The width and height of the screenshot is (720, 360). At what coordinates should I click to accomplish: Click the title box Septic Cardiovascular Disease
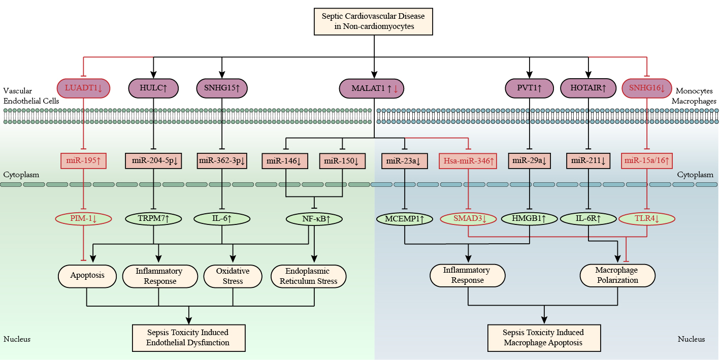[x=374, y=21]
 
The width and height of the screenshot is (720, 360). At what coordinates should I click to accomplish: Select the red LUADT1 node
[x=83, y=88]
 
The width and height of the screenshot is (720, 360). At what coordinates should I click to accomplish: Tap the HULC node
[x=154, y=88]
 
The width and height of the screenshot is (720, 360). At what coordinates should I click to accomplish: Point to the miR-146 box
[x=285, y=161]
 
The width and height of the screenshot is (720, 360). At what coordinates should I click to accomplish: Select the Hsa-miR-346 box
[x=467, y=161]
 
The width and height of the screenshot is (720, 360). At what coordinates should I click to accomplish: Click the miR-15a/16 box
[x=646, y=161]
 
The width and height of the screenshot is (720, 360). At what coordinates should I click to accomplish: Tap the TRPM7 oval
[x=153, y=219]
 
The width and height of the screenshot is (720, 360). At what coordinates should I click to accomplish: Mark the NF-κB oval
[x=314, y=219]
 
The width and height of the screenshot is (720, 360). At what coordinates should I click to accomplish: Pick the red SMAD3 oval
[x=467, y=219]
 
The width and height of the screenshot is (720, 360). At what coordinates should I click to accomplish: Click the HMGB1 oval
[x=530, y=219]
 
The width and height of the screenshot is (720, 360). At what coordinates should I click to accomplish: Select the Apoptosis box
[x=87, y=276]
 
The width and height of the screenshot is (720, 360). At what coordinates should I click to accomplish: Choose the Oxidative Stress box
[x=233, y=276]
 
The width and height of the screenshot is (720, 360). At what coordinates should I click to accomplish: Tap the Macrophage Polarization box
[x=617, y=275]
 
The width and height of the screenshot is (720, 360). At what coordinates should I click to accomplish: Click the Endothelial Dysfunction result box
[x=188, y=338]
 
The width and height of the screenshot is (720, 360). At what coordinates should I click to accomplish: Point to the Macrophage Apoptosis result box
[x=543, y=338]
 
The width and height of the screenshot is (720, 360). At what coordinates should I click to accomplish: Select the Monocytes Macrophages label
[x=694, y=96]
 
